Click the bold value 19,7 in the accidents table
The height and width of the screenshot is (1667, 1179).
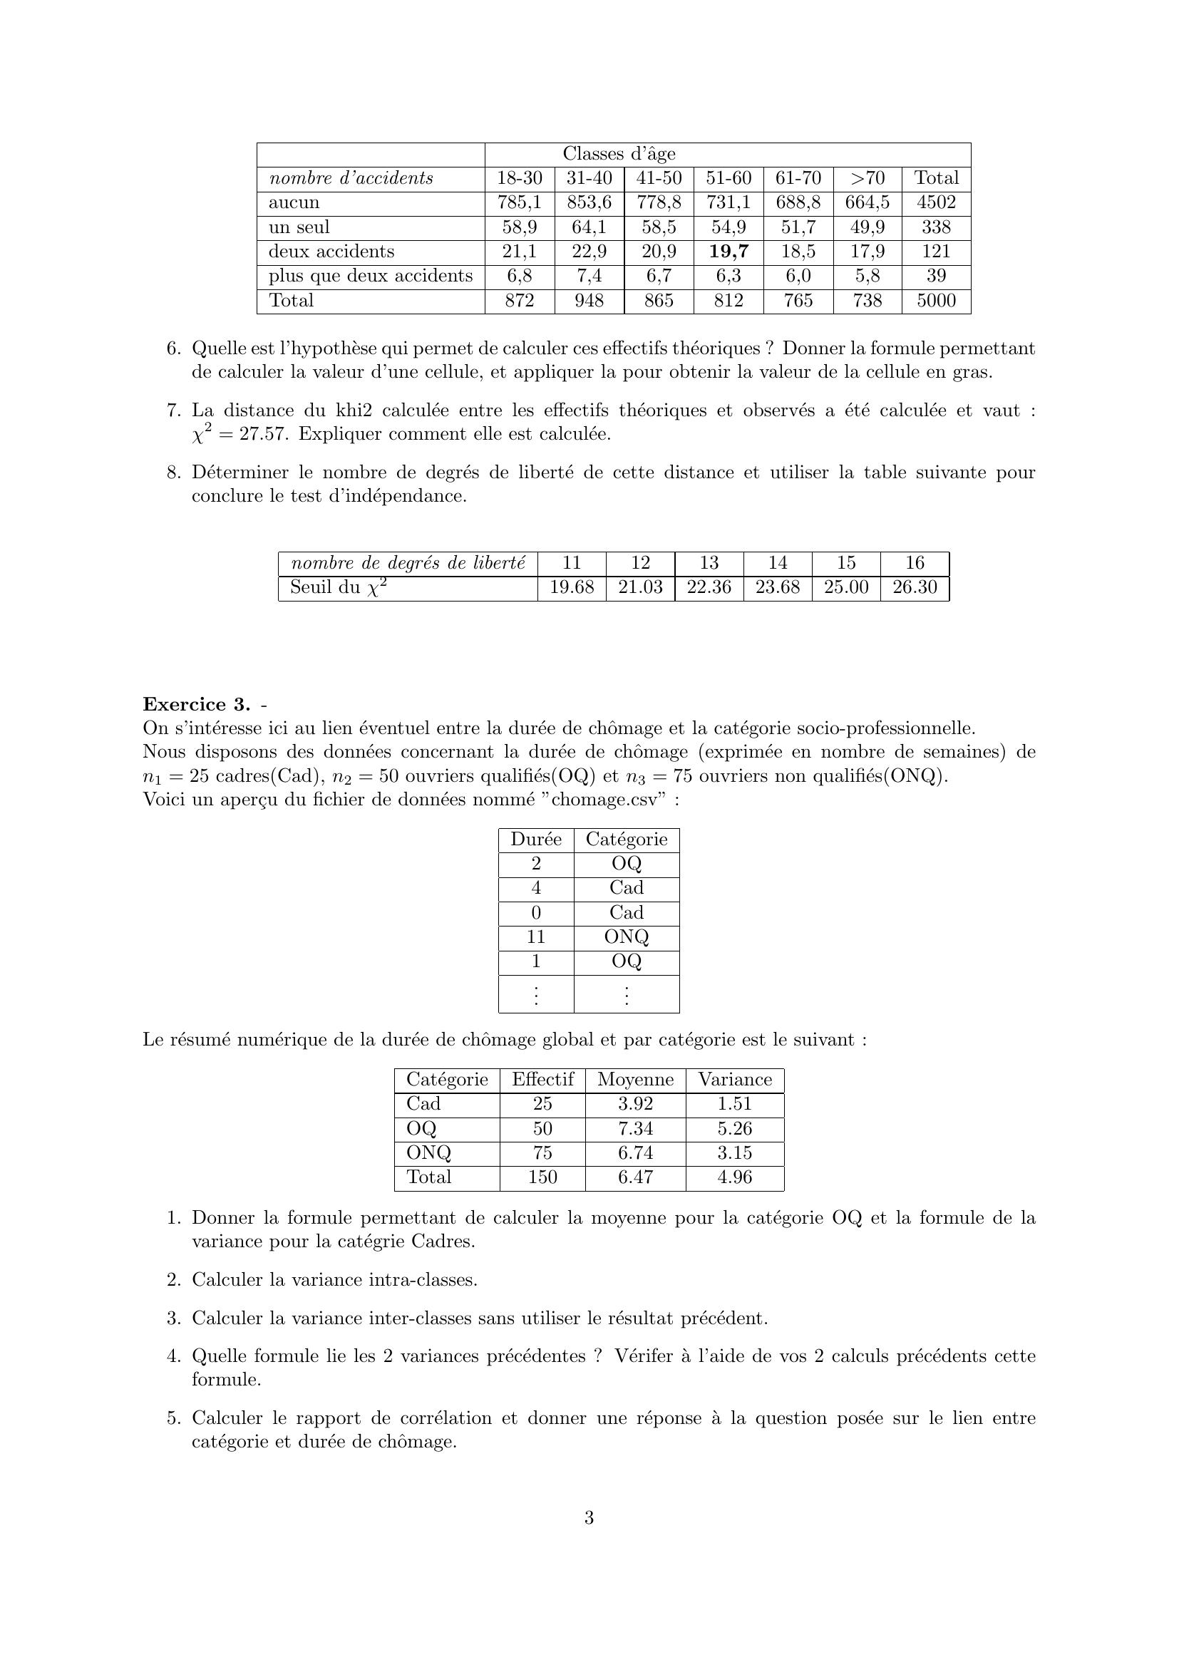pos(728,252)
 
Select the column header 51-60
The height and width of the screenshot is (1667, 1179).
pos(728,178)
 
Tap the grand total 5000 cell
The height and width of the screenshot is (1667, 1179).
pos(936,301)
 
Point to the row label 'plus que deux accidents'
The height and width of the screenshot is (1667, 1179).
pos(370,276)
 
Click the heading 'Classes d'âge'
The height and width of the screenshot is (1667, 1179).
pos(619,154)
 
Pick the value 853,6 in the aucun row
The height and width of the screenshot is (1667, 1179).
pos(589,202)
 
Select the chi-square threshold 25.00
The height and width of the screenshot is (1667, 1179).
pos(846,587)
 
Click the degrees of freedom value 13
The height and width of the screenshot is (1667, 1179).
pos(709,563)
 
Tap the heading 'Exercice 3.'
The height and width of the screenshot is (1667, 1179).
pos(196,704)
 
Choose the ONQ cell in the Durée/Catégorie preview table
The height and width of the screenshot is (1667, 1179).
pos(626,937)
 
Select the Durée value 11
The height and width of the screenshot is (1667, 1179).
pos(536,937)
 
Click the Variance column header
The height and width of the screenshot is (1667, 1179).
pos(735,1080)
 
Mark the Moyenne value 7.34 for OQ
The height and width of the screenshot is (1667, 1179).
pos(635,1128)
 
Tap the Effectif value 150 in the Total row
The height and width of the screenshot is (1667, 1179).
pos(542,1177)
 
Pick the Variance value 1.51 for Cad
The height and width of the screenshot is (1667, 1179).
pos(735,1103)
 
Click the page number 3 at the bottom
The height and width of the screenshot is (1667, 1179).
pos(589,1518)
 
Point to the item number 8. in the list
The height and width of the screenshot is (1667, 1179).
pos(173,473)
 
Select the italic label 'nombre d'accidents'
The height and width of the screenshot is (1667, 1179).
pos(351,179)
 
